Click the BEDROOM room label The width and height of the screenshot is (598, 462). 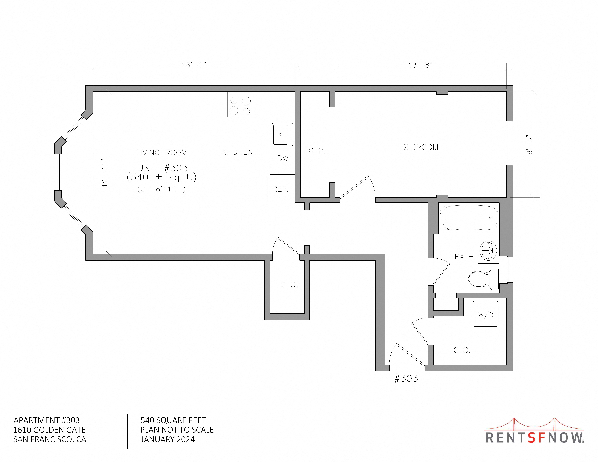coord(420,147)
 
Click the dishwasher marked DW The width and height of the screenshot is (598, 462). coord(282,161)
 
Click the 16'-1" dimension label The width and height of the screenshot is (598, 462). coord(194,65)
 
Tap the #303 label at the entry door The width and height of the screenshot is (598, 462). coord(406,378)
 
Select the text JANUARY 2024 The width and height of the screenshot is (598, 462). coord(168,439)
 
